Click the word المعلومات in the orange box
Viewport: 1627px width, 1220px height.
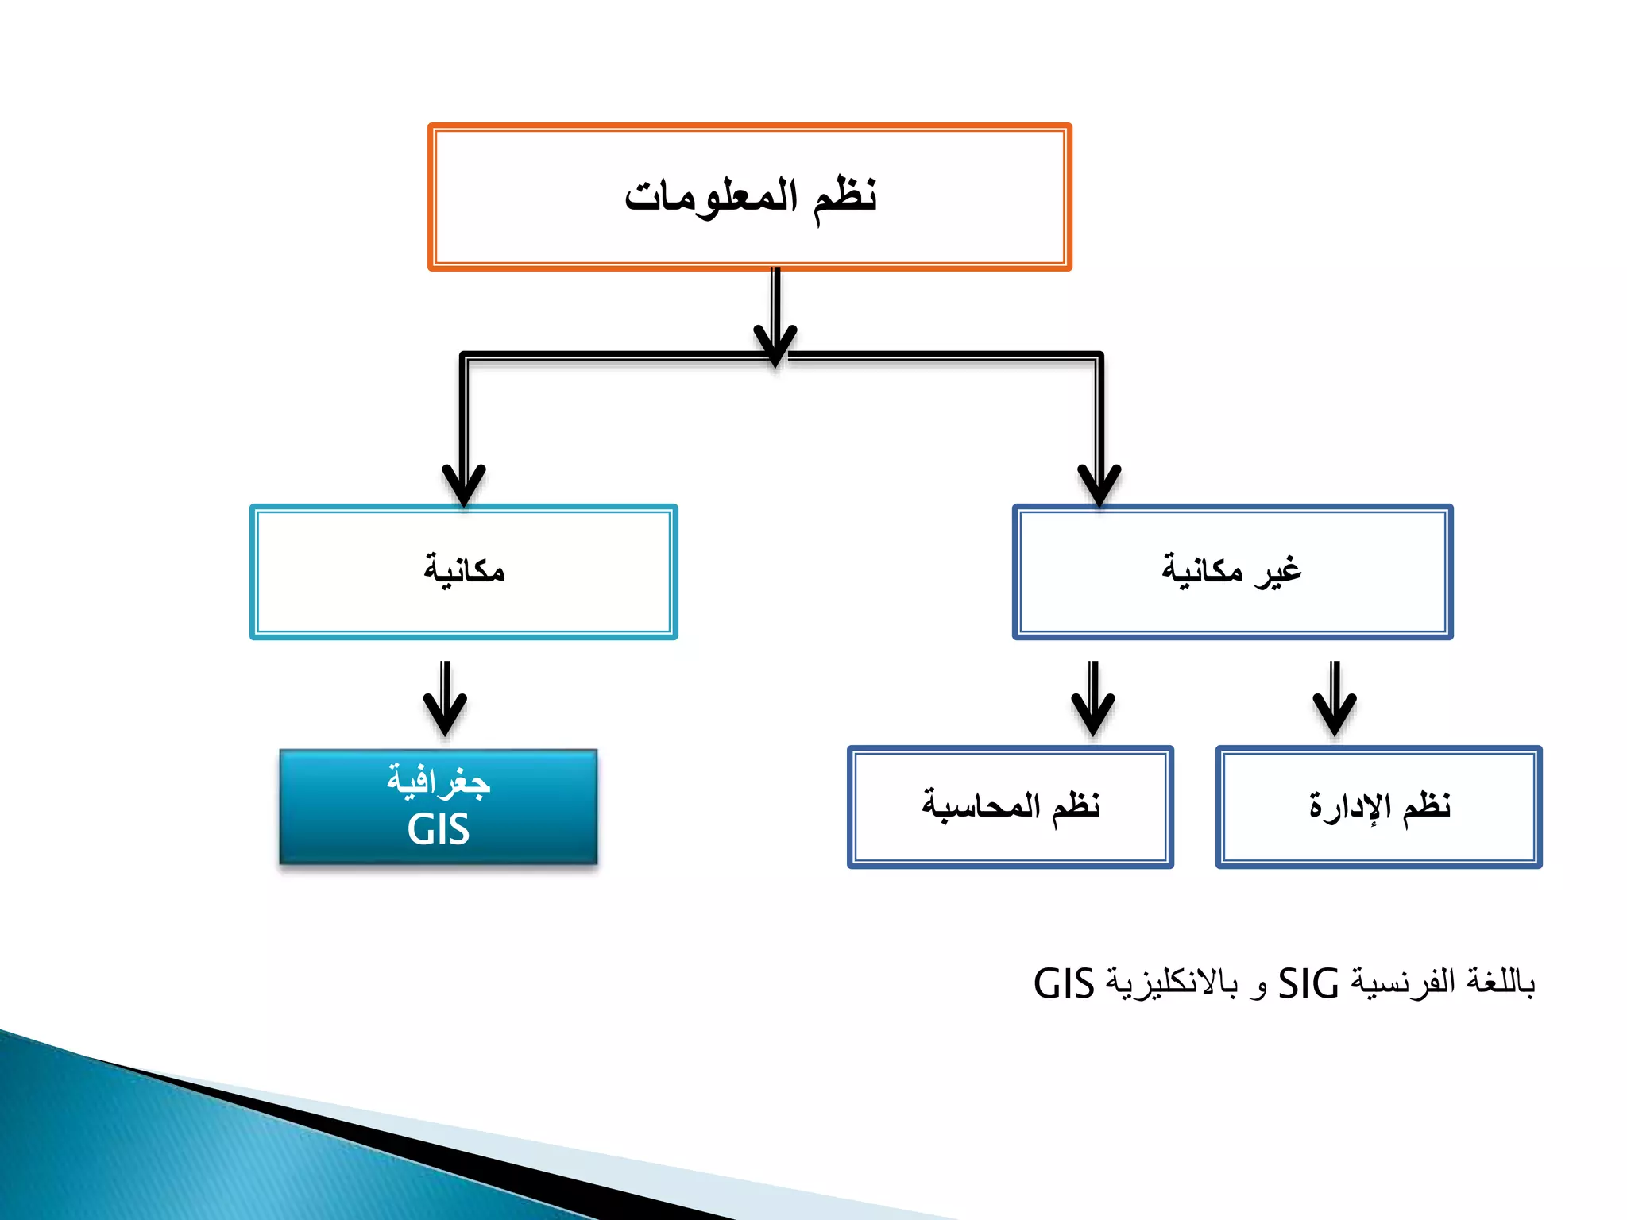710,195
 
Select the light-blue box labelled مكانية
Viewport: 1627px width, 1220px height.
464,572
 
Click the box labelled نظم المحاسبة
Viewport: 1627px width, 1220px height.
1011,807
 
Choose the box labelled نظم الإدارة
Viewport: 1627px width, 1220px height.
1379,807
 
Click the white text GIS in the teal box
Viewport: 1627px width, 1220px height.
439,830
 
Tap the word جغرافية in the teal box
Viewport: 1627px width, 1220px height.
439,782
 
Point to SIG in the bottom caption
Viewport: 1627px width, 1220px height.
1308,984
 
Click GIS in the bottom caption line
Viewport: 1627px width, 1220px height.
1064,984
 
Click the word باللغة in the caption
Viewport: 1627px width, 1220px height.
1501,983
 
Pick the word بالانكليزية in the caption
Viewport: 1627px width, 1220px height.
1173,984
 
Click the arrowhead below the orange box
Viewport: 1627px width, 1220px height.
775,346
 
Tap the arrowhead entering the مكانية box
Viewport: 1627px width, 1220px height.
464,485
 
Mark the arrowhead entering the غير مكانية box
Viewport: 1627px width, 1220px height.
1099,485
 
